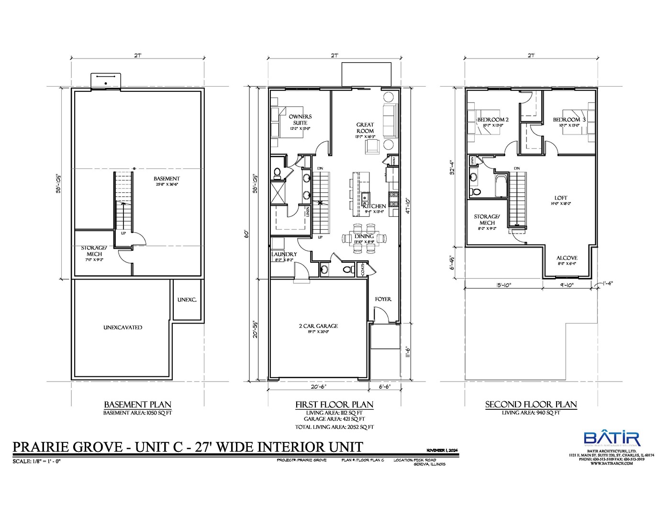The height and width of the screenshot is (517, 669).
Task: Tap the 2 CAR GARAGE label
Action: click(x=318, y=326)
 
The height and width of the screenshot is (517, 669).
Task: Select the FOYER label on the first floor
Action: click(x=383, y=299)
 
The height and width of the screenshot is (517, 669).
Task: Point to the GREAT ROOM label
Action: click(x=365, y=128)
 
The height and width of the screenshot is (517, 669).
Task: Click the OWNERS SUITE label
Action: click(x=300, y=120)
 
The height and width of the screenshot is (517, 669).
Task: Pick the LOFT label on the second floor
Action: click(x=561, y=198)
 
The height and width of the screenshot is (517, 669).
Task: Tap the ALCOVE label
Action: click(x=567, y=258)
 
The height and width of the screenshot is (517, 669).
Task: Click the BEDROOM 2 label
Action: click(x=493, y=120)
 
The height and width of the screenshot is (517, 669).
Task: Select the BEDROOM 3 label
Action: click(x=569, y=120)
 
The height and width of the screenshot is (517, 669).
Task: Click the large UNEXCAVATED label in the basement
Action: click(x=123, y=327)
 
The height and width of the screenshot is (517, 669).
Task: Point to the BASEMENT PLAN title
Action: click(x=137, y=405)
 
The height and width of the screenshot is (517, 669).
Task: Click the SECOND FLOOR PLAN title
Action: click(x=531, y=405)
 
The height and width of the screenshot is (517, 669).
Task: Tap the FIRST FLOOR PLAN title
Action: click(x=334, y=405)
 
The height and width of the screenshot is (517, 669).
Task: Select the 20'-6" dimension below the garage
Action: click(x=318, y=386)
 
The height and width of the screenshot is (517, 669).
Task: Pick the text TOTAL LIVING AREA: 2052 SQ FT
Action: click(x=334, y=427)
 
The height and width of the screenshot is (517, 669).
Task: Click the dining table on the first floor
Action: click(x=364, y=237)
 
